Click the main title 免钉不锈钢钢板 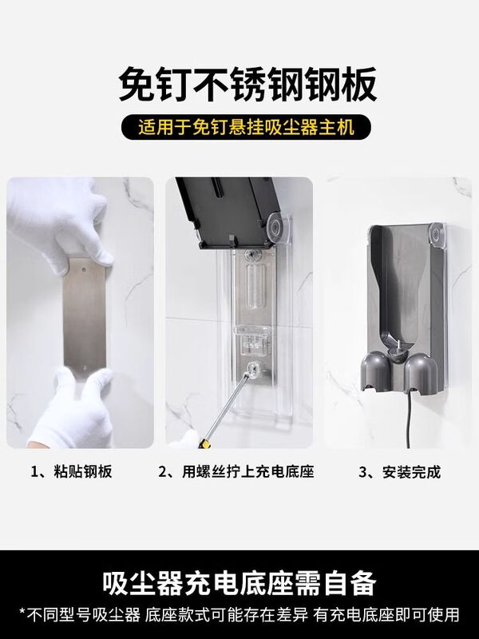[239, 83]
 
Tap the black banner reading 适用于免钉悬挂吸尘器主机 [239, 126]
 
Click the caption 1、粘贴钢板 [71, 472]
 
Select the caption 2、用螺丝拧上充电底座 [236, 472]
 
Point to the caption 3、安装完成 [399, 472]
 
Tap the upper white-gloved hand [60, 220]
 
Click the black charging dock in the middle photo [228, 208]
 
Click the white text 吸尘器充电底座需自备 [239, 581]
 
